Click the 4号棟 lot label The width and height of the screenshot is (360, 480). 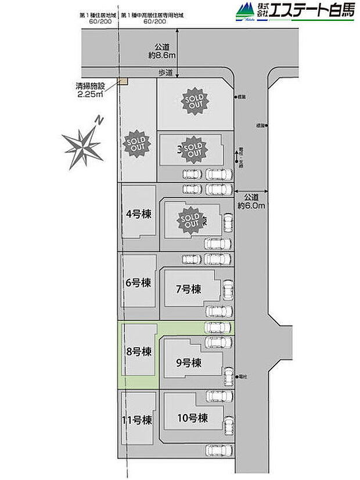point(138,214)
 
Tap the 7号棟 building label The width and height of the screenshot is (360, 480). point(188,288)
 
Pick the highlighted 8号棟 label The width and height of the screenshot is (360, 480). point(138,351)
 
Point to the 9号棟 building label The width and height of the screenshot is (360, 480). point(188,363)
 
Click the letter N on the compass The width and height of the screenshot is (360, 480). point(100,121)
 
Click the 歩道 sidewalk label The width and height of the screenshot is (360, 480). point(165,72)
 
